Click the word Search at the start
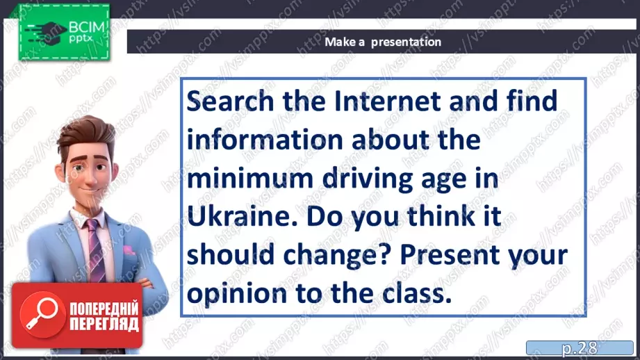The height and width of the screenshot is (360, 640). (230, 101)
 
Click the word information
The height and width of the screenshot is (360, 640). (265, 140)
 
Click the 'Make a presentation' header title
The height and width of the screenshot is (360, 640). (383, 42)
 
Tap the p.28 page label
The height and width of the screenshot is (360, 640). (580, 348)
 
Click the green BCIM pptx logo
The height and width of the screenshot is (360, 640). (64, 32)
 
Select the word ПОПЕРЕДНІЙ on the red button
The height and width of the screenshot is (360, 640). (104, 309)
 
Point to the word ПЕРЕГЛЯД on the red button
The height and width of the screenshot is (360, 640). (104, 324)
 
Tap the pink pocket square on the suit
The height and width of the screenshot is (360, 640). (129, 249)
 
